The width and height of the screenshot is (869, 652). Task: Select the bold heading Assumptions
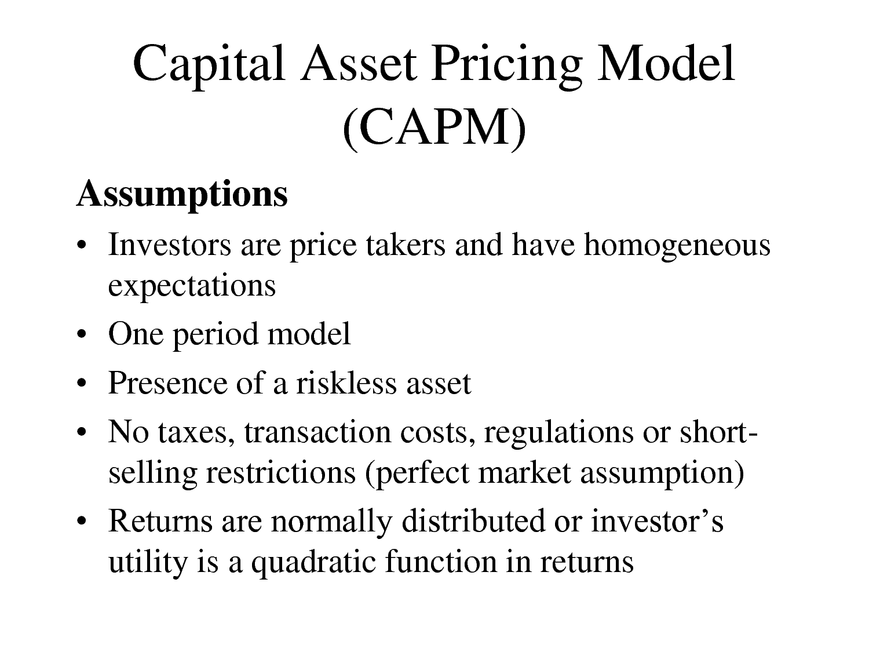182,194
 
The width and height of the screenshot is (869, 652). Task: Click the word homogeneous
677,245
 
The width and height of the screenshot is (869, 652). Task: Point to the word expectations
192,286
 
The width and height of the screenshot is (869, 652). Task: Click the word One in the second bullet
136,334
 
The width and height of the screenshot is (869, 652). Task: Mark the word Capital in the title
209,65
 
